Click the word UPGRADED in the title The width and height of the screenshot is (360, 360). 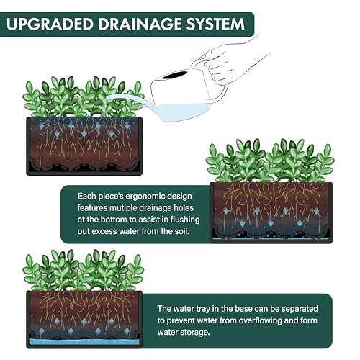pos(50,24)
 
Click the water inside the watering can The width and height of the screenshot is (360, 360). pos(182,112)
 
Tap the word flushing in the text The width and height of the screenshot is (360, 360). pos(185,220)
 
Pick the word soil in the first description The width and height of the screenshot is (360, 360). pos(183,231)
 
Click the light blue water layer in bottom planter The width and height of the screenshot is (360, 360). pos(84,342)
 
